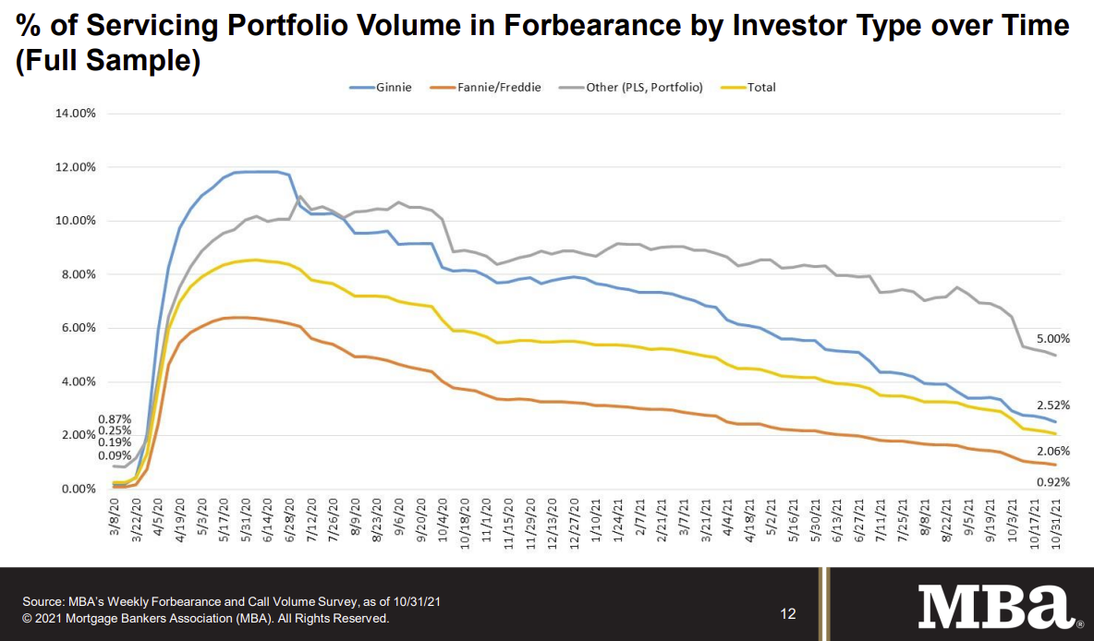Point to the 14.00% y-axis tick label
click(77, 114)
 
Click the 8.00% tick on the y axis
click(79, 274)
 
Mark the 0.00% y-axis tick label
click(79, 489)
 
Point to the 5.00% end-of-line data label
click(1052, 339)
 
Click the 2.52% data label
click(1052, 405)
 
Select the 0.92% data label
click(1052, 482)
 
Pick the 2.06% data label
click(1052, 450)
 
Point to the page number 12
click(788, 614)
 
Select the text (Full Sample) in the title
click(109, 63)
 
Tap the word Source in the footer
click(43, 601)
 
